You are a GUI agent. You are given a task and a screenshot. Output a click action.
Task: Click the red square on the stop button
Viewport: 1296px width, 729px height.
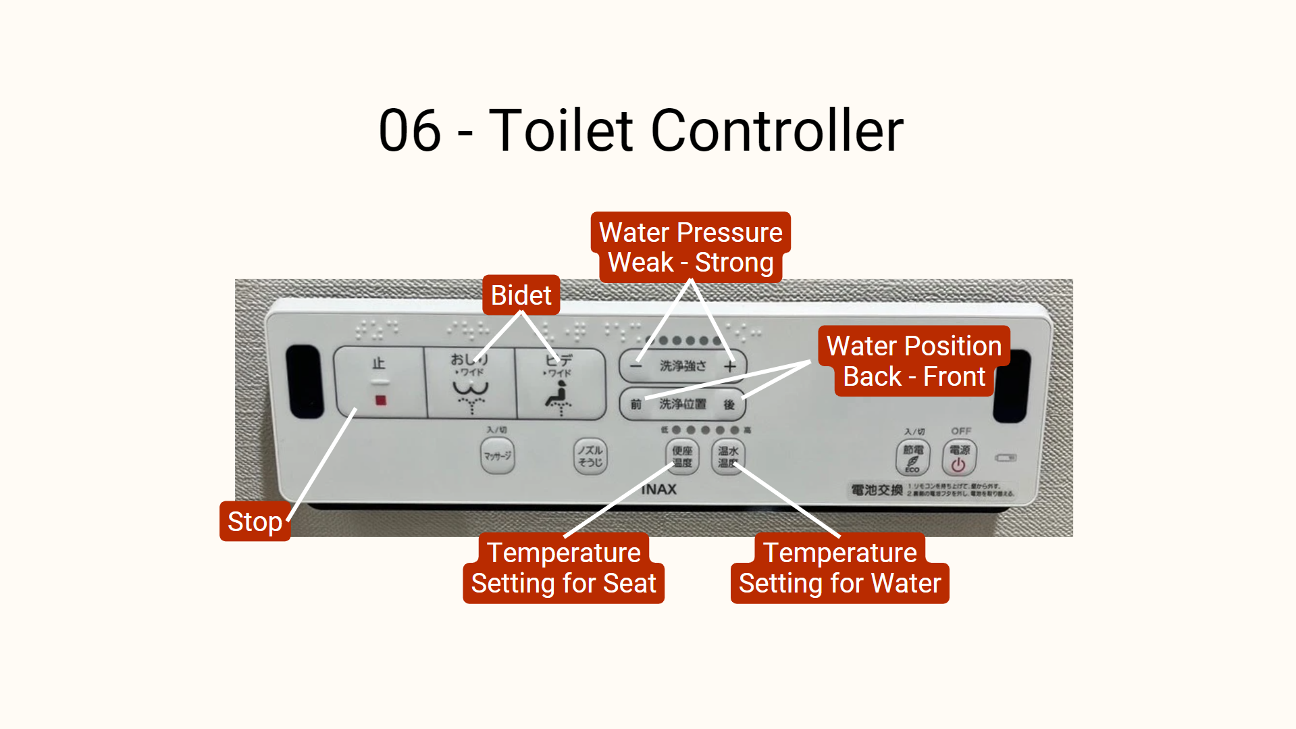pos(381,401)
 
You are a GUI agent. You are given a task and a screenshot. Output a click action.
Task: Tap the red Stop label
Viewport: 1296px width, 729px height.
pos(255,522)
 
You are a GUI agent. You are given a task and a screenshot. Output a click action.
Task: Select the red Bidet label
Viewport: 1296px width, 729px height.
pos(521,295)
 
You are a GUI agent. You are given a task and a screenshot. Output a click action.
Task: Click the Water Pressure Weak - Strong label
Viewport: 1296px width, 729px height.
pos(690,247)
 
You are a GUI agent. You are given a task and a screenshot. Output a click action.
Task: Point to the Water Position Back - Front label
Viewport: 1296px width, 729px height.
pos(914,361)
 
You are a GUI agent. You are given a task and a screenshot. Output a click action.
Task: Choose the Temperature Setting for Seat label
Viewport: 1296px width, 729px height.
pos(563,568)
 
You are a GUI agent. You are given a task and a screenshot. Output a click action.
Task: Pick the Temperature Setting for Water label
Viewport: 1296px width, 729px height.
pos(839,568)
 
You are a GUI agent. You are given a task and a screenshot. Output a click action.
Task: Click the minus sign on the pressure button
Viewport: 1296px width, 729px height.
pos(636,366)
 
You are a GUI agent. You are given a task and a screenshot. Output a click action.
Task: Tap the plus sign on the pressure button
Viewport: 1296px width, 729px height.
pos(730,366)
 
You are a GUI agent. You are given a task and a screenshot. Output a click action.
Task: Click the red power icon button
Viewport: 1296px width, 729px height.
pos(958,457)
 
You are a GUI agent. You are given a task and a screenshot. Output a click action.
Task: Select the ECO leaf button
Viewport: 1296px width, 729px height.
pos(912,457)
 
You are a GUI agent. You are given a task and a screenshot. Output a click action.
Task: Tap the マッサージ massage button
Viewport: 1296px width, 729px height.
pos(497,456)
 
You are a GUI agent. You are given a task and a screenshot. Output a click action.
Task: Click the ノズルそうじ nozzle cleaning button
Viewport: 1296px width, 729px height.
pos(590,456)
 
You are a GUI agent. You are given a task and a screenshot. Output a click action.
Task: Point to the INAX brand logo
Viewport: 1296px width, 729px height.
pos(658,489)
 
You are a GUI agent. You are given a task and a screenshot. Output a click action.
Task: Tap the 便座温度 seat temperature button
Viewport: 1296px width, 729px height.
pos(682,457)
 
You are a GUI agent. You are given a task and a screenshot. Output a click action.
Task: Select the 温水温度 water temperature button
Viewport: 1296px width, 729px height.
pos(728,457)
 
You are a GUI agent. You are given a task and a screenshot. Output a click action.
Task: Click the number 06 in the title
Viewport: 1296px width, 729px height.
pos(409,130)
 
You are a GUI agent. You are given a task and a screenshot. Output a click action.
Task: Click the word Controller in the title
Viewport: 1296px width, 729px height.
pos(777,130)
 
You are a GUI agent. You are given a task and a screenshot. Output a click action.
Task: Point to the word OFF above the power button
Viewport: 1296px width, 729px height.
pos(961,431)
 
